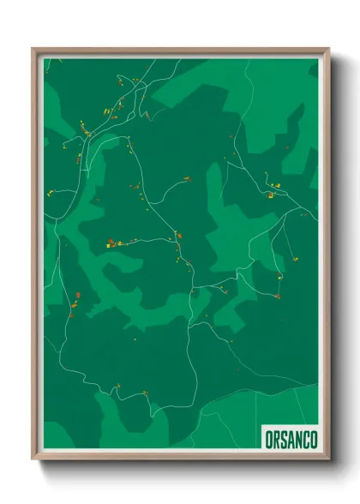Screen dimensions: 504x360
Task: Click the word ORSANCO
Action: (x=287, y=434)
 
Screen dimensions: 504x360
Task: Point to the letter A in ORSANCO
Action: (x=287, y=434)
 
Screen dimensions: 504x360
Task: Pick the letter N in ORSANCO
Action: (x=296, y=434)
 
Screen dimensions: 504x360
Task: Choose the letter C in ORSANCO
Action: (x=304, y=434)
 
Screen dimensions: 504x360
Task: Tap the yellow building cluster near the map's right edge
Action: (x=273, y=193)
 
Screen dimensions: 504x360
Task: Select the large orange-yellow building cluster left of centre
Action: (x=111, y=243)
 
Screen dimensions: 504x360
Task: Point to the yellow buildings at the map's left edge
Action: (x=51, y=192)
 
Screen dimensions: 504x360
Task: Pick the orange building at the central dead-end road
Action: (x=186, y=179)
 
